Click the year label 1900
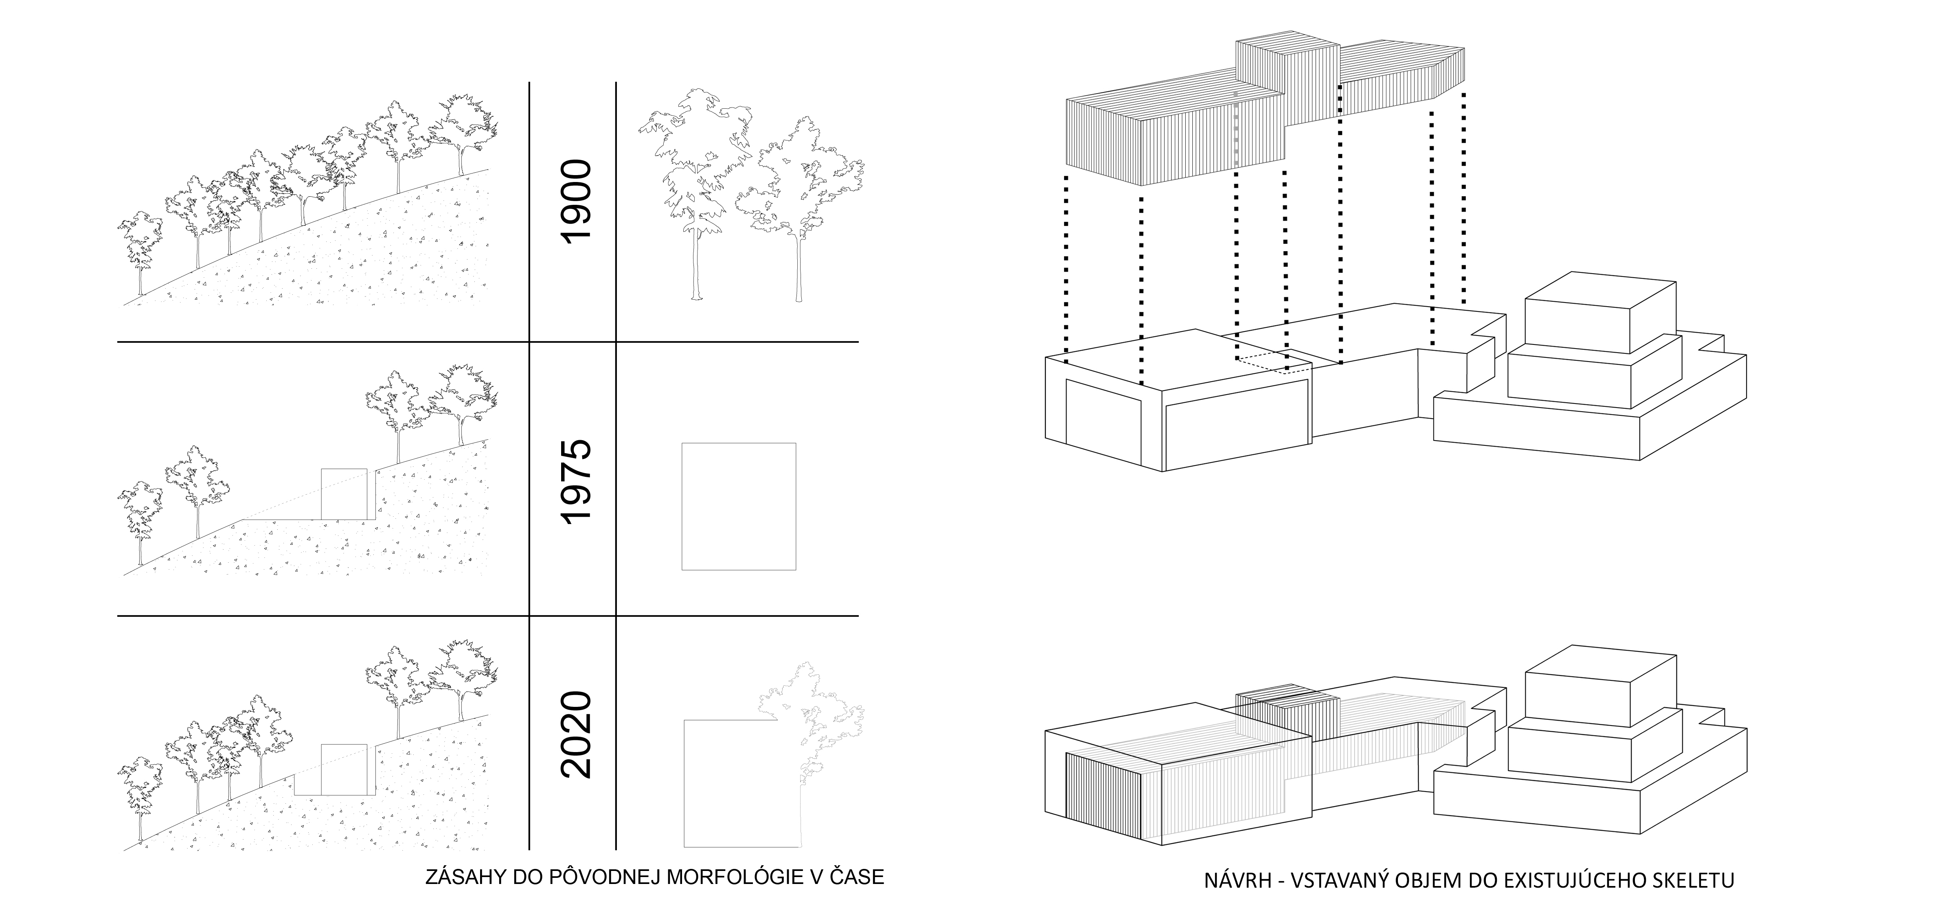(577, 200)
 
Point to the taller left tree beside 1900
(695, 195)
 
